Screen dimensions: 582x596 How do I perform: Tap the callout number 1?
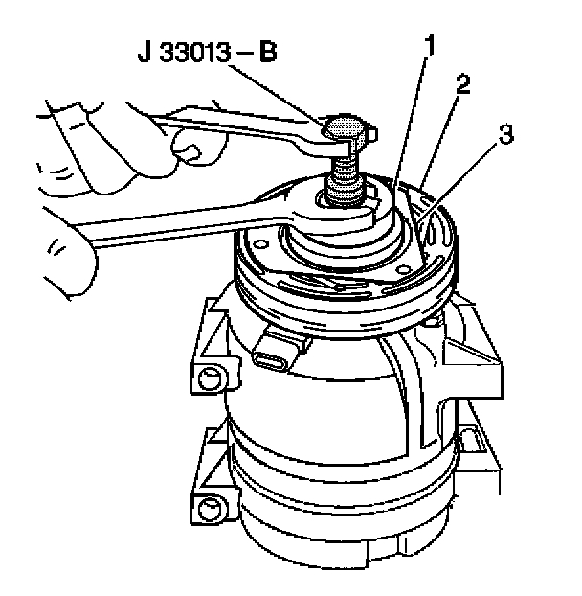(x=429, y=46)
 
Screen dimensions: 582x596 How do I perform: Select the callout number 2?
(x=463, y=84)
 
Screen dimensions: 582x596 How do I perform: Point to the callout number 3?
(x=506, y=134)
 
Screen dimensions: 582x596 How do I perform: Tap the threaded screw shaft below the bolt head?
(x=345, y=178)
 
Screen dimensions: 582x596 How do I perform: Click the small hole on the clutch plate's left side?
(x=259, y=242)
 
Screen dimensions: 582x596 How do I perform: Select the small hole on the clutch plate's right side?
(x=401, y=270)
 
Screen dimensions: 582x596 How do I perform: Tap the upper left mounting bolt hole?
(x=210, y=378)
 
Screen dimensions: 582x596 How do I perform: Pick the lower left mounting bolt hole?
(x=209, y=509)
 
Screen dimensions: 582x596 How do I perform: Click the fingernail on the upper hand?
(x=188, y=151)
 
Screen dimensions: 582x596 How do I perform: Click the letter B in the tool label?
(x=268, y=52)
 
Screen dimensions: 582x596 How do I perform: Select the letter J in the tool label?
(x=145, y=52)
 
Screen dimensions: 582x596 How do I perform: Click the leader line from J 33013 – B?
(x=278, y=94)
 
